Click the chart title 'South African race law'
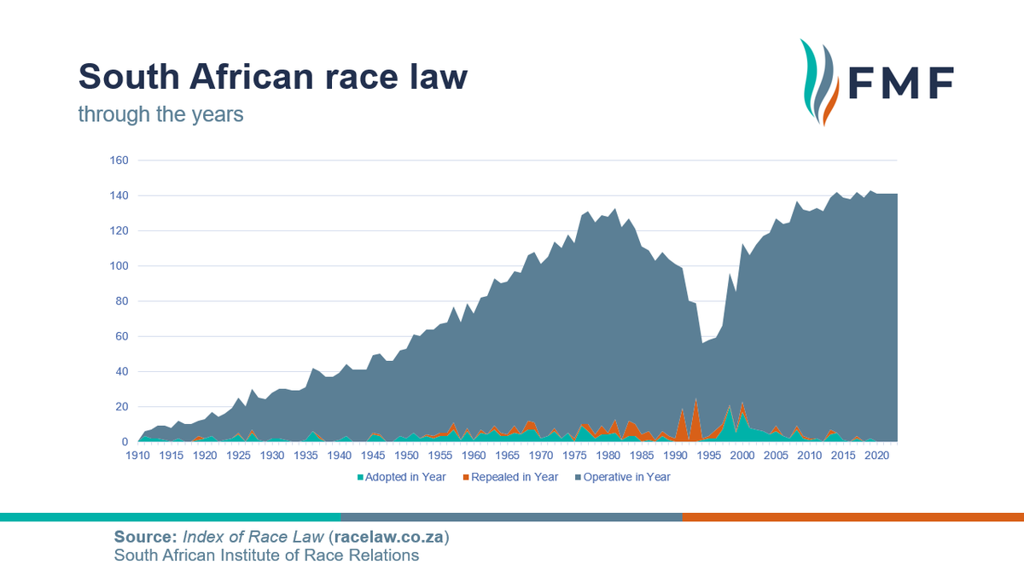[x=273, y=77]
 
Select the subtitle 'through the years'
[x=160, y=113]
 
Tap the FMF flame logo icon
[x=820, y=83]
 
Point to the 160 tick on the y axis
[x=118, y=160]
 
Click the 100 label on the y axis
[x=118, y=266]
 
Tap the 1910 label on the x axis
[x=137, y=456]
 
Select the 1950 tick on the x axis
[x=407, y=456]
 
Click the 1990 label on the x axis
[x=676, y=456]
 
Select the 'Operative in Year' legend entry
[x=626, y=477]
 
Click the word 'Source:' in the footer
[x=144, y=538]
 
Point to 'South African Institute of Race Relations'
[x=267, y=556]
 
